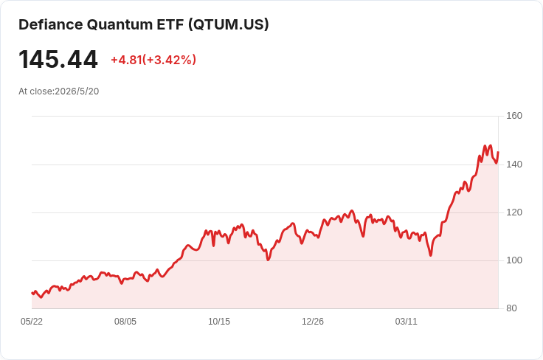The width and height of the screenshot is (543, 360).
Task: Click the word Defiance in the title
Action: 51,24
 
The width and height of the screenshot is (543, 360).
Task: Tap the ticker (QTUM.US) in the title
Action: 229,24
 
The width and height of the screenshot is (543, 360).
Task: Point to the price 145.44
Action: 58,60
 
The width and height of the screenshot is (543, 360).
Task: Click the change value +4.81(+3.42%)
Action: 153,60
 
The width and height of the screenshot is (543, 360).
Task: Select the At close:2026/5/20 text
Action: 59,91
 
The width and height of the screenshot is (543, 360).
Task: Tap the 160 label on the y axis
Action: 514,116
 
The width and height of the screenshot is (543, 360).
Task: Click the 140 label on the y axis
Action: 514,164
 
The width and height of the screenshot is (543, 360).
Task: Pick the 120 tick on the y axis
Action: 514,212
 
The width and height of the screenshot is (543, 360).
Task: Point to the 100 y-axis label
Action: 514,260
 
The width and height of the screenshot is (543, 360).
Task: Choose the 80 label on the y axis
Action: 511,308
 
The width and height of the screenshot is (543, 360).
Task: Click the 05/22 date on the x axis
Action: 32,322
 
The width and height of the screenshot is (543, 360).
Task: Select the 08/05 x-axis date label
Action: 125,322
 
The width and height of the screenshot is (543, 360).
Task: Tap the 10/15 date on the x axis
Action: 219,322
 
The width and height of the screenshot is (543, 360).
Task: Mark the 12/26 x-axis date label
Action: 313,322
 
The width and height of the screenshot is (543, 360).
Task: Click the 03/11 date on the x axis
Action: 407,322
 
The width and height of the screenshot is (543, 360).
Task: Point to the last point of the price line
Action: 498,152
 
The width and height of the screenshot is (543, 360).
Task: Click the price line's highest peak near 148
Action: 485,146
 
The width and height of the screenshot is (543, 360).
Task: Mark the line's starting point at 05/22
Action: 32,293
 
